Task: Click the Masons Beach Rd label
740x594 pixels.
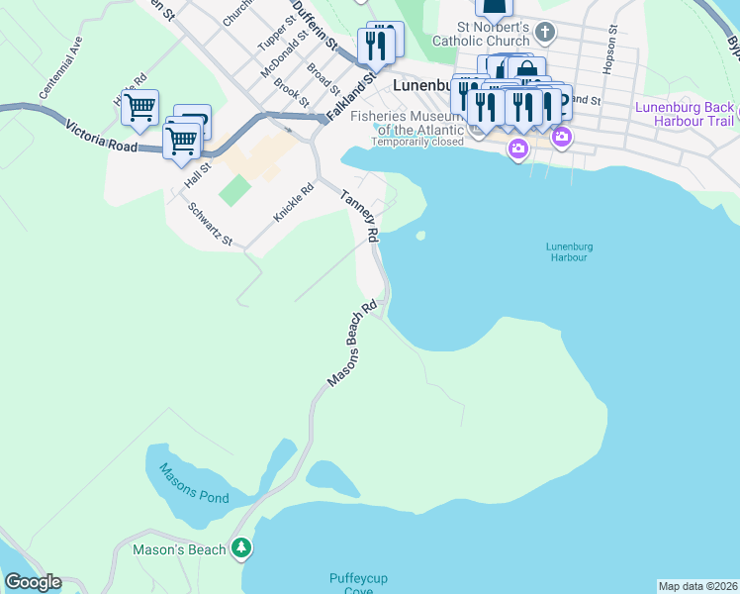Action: pyautogui.click(x=354, y=345)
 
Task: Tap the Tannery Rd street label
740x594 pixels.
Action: pyautogui.click(x=360, y=216)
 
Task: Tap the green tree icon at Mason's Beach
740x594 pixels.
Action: pyautogui.click(x=241, y=547)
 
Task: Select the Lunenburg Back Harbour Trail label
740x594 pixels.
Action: pyautogui.click(x=685, y=114)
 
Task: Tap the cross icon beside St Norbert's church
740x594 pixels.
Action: pyautogui.click(x=562, y=28)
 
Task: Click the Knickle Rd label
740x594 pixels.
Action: pyautogui.click(x=294, y=201)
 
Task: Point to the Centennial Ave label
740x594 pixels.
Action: pyautogui.click(x=60, y=68)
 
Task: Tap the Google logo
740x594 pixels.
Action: pyautogui.click(x=33, y=581)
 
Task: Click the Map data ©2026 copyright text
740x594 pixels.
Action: pyautogui.click(x=696, y=586)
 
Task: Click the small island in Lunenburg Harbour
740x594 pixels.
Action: pyautogui.click(x=421, y=236)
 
